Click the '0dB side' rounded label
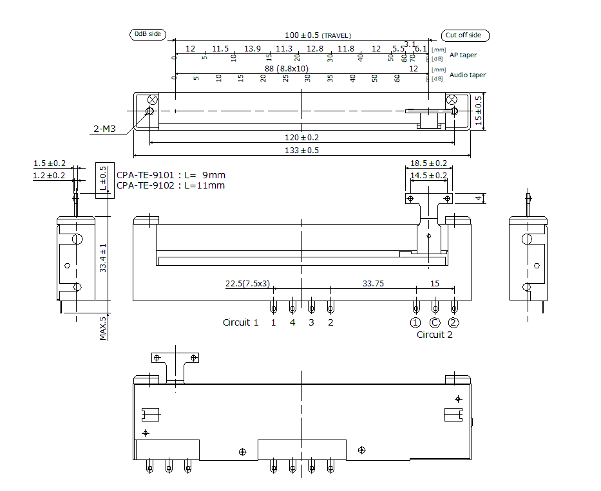148,34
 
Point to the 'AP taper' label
463,55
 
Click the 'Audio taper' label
467,75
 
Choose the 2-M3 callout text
104,129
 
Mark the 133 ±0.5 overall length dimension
302,151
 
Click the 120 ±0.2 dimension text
302,137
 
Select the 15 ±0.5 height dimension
478,111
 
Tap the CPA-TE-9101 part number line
171,175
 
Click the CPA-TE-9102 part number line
171,185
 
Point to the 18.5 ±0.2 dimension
429,163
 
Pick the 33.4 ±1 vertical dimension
103,257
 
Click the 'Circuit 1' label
240,322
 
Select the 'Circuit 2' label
434,335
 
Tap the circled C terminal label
435,322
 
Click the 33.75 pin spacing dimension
373,283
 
